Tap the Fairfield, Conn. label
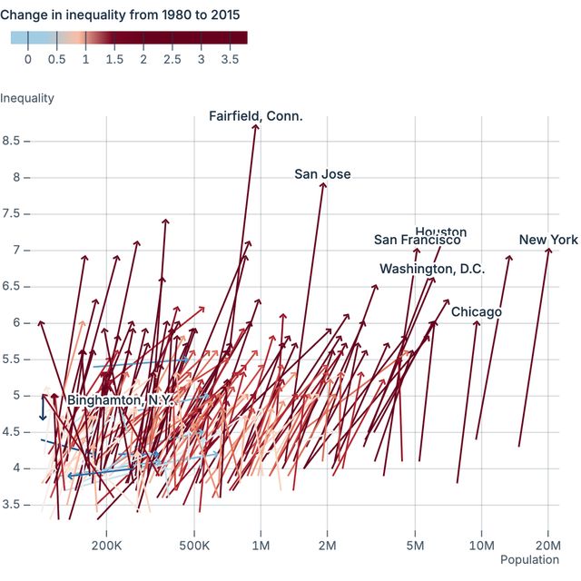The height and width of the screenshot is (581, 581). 256,116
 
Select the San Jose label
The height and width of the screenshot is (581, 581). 322,174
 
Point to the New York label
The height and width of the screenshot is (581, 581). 548,240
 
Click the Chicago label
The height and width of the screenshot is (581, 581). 477,312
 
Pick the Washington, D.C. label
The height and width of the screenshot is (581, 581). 432,269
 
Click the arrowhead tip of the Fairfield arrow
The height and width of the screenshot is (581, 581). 256,125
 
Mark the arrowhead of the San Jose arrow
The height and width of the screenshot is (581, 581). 323,183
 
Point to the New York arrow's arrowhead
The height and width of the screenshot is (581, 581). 548,250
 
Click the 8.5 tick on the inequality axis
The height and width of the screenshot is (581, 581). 15,141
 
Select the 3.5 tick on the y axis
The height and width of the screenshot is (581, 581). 15,504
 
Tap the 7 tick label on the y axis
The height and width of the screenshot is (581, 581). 19,250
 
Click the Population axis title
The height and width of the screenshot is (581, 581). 529,560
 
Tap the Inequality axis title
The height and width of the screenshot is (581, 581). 27,98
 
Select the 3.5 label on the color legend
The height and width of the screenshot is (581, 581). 230,59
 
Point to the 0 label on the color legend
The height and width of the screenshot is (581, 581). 28,59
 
